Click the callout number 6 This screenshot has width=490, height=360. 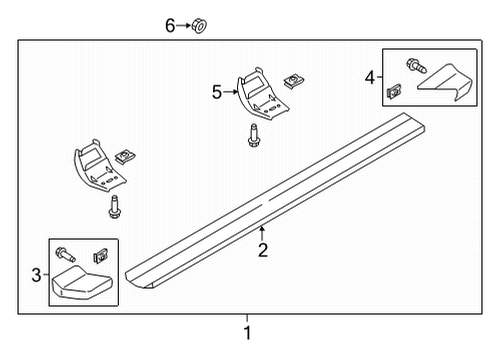[170, 25]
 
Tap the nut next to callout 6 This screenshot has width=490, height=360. [197, 25]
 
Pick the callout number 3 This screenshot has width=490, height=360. [37, 275]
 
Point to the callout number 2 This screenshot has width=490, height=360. [262, 250]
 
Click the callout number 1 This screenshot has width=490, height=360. [248, 333]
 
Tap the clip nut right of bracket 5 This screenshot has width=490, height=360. [293, 80]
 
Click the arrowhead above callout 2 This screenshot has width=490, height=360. [262, 230]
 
